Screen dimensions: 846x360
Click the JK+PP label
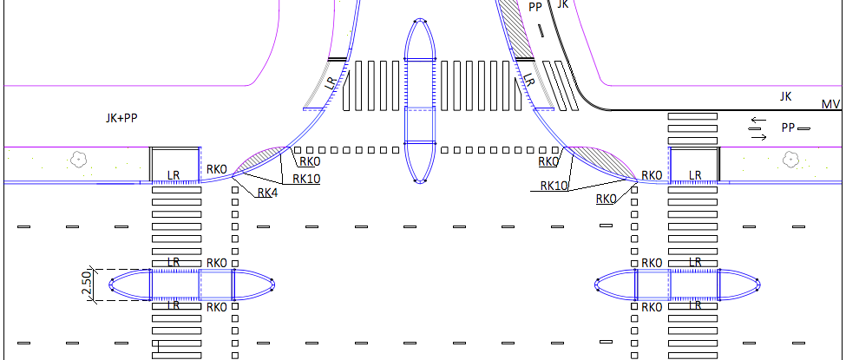click(x=121, y=118)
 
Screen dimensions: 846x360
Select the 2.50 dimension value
click(x=87, y=285)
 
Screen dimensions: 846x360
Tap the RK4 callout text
click(x=267, y=193)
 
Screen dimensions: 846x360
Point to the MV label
click(x=830, y=104)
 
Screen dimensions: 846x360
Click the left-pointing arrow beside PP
click(x=758, y=120)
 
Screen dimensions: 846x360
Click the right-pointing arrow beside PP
click(x=759, y=138)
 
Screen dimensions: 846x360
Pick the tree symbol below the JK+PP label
click(x=79, y=160)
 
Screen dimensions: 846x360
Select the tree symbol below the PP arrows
click(x=790, y=160)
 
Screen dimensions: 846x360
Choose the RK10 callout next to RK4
click(x=306, y=179)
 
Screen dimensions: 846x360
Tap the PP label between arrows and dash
click(x=788, y=128)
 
